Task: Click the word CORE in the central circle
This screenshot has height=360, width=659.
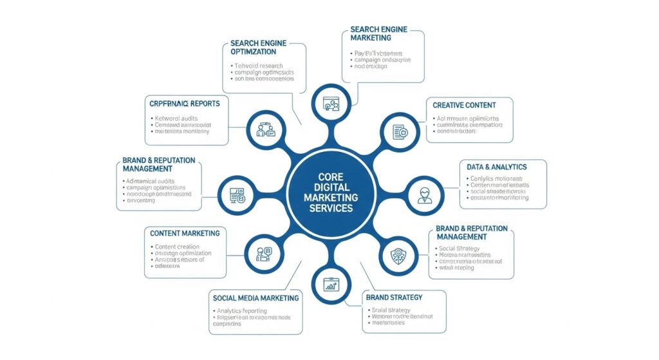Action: pyautogui.click(x=329, y=176)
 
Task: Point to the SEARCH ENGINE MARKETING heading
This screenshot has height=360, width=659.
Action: pyautogui.click(x=380, y=33)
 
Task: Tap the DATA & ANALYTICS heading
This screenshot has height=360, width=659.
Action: pyautogui.click(x=497, y=167)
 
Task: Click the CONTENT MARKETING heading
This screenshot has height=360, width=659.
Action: pyautogui.click(x=185, y=233)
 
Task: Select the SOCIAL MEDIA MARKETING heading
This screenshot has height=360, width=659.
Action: pyautogui.click(x=255, y=298)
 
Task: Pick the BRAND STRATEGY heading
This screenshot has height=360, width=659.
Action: pyautogui.click(x=394, y=298)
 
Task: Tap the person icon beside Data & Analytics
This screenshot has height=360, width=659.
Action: pyautogui.click(x=424, y=194)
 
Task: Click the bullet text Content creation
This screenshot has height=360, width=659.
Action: pyautogui.click(x=178, y=247)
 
